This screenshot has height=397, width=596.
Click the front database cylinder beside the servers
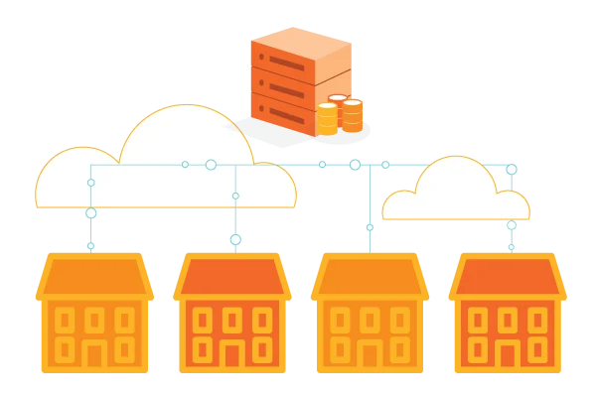327,119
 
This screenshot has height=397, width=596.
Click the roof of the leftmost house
94,276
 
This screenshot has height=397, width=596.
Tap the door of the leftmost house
94,355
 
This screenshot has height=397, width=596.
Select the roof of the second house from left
232,276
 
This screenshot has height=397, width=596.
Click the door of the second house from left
232,355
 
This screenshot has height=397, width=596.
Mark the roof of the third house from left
370,276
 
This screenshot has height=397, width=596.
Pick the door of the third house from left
370,355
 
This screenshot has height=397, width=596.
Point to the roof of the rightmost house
507,276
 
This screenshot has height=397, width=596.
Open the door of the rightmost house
507,355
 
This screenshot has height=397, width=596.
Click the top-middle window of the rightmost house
507,320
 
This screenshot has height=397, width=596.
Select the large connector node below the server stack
355,165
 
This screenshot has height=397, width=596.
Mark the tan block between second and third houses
301,337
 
